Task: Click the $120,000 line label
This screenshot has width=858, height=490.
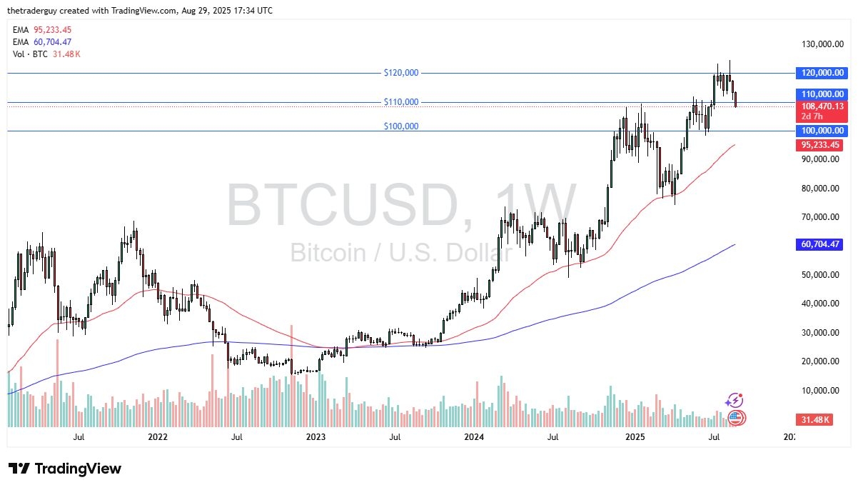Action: point(400,73)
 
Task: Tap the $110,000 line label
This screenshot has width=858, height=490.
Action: point(400,102)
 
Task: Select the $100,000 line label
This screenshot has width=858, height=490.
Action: point(400,126)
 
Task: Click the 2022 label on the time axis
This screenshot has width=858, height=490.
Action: point(157,436)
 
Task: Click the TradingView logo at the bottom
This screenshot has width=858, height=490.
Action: point(65,469)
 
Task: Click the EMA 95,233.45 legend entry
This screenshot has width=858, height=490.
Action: point(41,30)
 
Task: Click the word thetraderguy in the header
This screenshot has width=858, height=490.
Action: point(32,11)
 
